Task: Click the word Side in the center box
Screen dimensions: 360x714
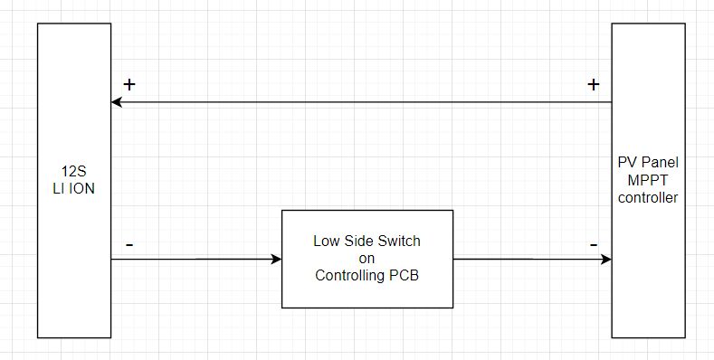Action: [359, 242]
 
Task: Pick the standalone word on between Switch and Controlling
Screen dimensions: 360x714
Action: [367, 259]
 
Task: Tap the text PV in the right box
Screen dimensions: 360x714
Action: [624, 164]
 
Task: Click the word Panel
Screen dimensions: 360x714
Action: [658, 164]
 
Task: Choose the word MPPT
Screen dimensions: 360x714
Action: [646, 180]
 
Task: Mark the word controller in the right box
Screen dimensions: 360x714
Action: [646, 197]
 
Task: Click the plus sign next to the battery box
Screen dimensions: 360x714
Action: [129, 85]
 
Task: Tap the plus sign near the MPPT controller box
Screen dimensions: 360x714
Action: [594, 85]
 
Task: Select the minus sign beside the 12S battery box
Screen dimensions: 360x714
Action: [129, 245]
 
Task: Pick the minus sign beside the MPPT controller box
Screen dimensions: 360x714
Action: [594, 245]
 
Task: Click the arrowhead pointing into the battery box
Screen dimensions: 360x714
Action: [117, 102]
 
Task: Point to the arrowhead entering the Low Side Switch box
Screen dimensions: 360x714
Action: [276, 260]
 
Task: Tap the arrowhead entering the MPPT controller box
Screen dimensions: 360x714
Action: [605, 260]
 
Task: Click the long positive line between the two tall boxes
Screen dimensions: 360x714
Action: [362, 102]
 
